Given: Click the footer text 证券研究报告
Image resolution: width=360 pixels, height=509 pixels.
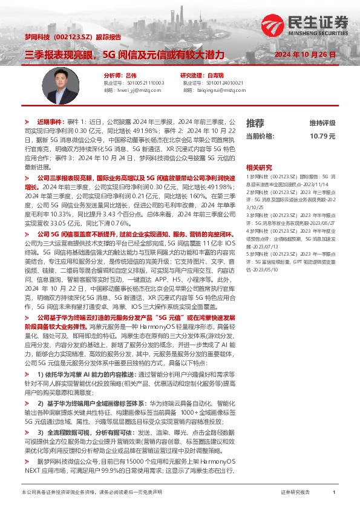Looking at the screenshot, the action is click(295, 493).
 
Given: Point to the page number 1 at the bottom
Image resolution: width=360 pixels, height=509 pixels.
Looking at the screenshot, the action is click(334, 493).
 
